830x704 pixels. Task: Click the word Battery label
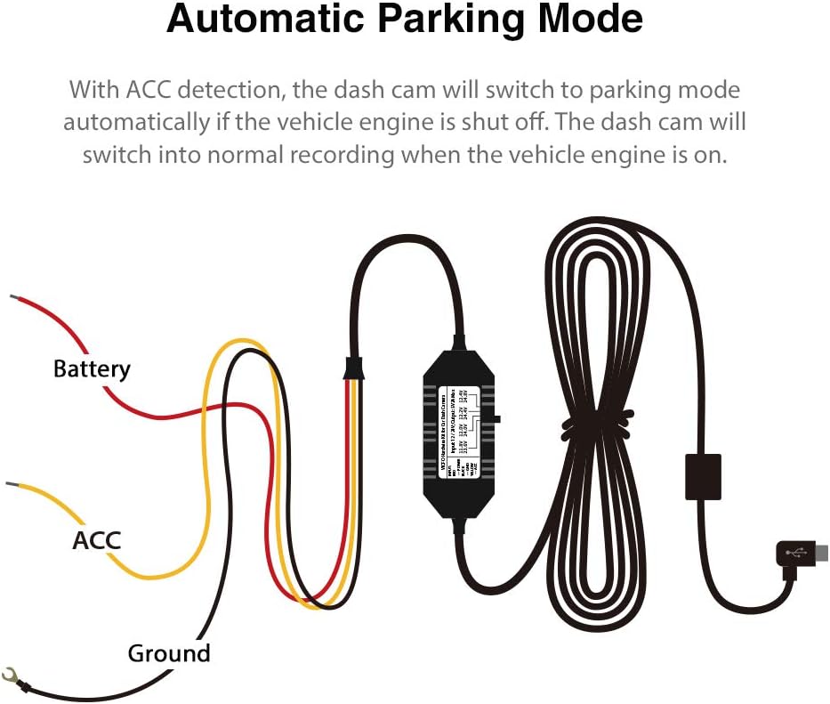pyautogui.click(x=92, y=368)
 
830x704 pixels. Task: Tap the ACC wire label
pyautogui.click(x=96, y=539)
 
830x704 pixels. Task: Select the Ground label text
pyautogui.click(x=169, y=653)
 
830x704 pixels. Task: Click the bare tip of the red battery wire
pyautogui.click(x=13, y=298)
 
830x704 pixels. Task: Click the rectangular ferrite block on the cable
pyautogui.click(x=703, y=477)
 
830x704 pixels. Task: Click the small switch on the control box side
pyautogui.click(x=496, y=417)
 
